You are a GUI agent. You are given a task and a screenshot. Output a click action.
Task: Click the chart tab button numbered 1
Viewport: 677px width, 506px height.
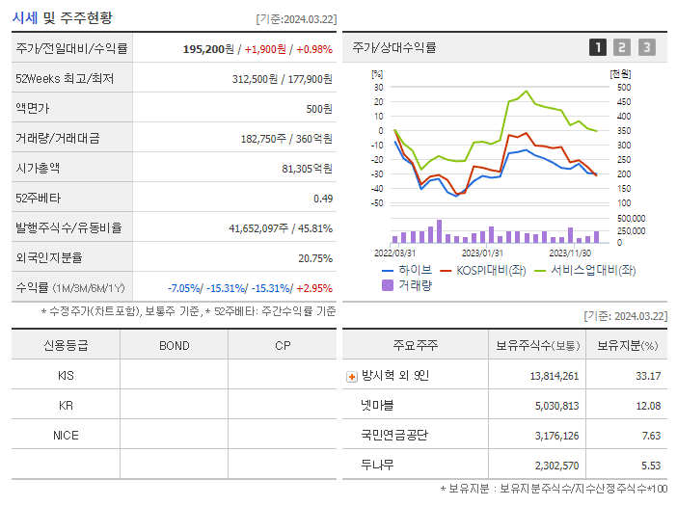pyautogui.click(x=598, y=47)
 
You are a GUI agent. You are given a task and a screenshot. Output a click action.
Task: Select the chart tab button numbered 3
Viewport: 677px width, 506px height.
pyautogui.click(x=646, y=47)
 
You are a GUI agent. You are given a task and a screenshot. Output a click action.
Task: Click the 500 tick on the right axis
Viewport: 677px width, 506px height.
pyautogui.click(x=623, y=88)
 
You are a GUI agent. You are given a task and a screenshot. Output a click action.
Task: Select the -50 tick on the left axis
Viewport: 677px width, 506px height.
pyautogui.click(x=377, y=203)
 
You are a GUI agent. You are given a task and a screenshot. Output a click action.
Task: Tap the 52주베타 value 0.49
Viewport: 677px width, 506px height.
pyautogui.click(x=323, y=199)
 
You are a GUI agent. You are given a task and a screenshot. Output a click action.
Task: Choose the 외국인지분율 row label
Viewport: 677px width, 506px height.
pyautogui.click(x=49, y=258)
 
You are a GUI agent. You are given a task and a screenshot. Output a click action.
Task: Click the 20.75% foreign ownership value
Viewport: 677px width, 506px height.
pyautogui.click(x=315, y=258)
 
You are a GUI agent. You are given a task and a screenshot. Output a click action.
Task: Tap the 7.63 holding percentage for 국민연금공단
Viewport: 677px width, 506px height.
pyautogui.click(x=651, y=436)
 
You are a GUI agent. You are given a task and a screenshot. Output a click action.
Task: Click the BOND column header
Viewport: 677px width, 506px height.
pyautogui.click(x=174, y=345)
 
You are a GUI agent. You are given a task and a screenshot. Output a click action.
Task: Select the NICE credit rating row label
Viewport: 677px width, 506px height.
pyautogui.click(x=66, y=436)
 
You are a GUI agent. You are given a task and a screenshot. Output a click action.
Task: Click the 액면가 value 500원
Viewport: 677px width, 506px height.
pyautogui.click(x=319, y=108)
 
